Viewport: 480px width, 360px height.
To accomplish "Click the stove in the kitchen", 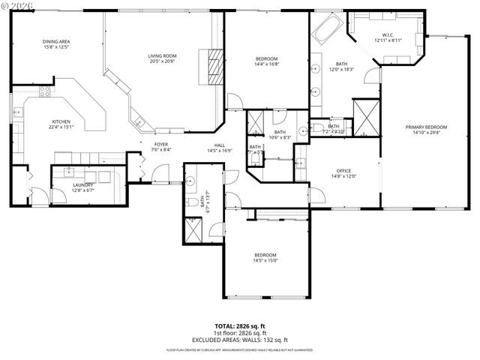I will pos(43,94).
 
